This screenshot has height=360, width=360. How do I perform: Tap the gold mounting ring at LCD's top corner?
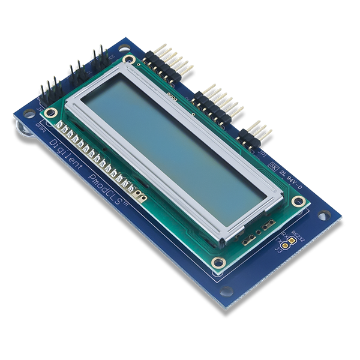(128, 59)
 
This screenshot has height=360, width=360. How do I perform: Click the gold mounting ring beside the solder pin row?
(52, 112)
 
